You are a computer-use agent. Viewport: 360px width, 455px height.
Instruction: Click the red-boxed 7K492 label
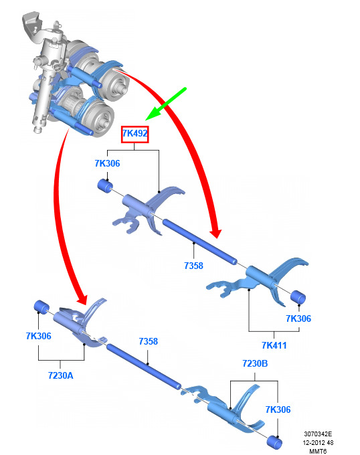(135, 133)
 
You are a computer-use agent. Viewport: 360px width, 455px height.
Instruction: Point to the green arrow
(166, 103)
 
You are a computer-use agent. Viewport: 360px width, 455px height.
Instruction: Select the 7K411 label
(274, 345)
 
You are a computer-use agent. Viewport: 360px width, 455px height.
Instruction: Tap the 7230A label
(61, 375)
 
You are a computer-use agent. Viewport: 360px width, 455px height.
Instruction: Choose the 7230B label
(255, 363)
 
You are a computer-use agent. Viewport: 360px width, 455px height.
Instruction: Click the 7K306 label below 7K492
(107, 163)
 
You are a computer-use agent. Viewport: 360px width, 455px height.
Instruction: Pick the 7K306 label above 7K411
(298, 318)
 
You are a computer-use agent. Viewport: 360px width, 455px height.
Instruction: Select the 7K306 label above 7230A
(39, 336)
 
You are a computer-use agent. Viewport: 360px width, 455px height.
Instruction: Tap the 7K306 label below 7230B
(278, 409)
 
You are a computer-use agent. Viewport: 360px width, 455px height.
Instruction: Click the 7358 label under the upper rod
(193, 266)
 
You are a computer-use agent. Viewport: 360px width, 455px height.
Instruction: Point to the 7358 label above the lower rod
(149, 341)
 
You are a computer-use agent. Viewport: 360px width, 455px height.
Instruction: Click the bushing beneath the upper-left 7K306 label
(105, 186)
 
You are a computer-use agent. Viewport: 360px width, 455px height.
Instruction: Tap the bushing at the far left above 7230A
(41, 307)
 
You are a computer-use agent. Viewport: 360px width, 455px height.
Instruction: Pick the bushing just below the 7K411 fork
(298, 297)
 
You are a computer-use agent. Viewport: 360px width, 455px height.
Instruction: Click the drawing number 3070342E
(318, 434)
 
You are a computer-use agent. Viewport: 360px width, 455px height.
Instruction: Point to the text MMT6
(318, 451)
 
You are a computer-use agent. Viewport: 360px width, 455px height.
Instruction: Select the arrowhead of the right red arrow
(215, 233)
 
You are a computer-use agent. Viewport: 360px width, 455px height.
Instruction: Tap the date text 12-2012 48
(319, 443)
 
